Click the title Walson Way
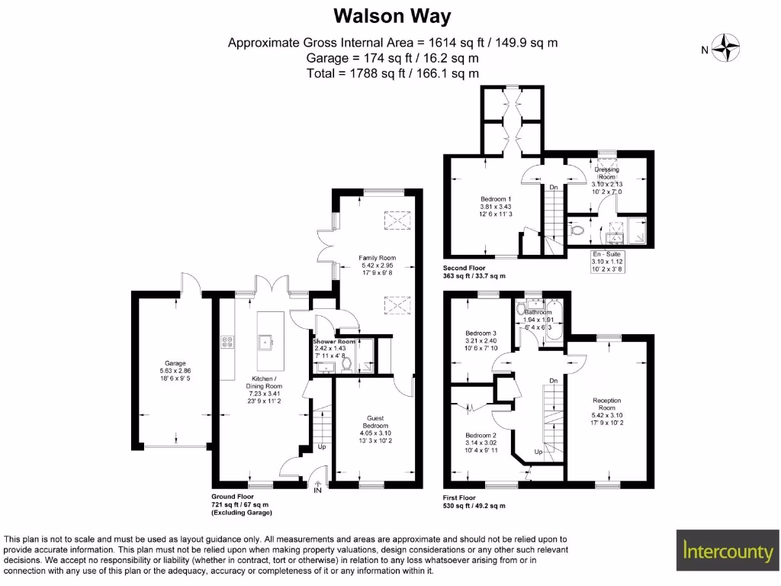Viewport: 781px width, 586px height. (x=393, y=16)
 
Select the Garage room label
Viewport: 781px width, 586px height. (x=175, y=363)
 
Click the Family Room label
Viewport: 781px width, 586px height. (x=377, y=258)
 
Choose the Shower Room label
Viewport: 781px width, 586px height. (x=333, y=342)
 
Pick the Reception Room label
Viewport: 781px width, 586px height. (x=607, y=400)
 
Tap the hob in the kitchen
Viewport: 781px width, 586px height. (x=227, y=341)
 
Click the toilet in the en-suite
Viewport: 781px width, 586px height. (x=578, y=227)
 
